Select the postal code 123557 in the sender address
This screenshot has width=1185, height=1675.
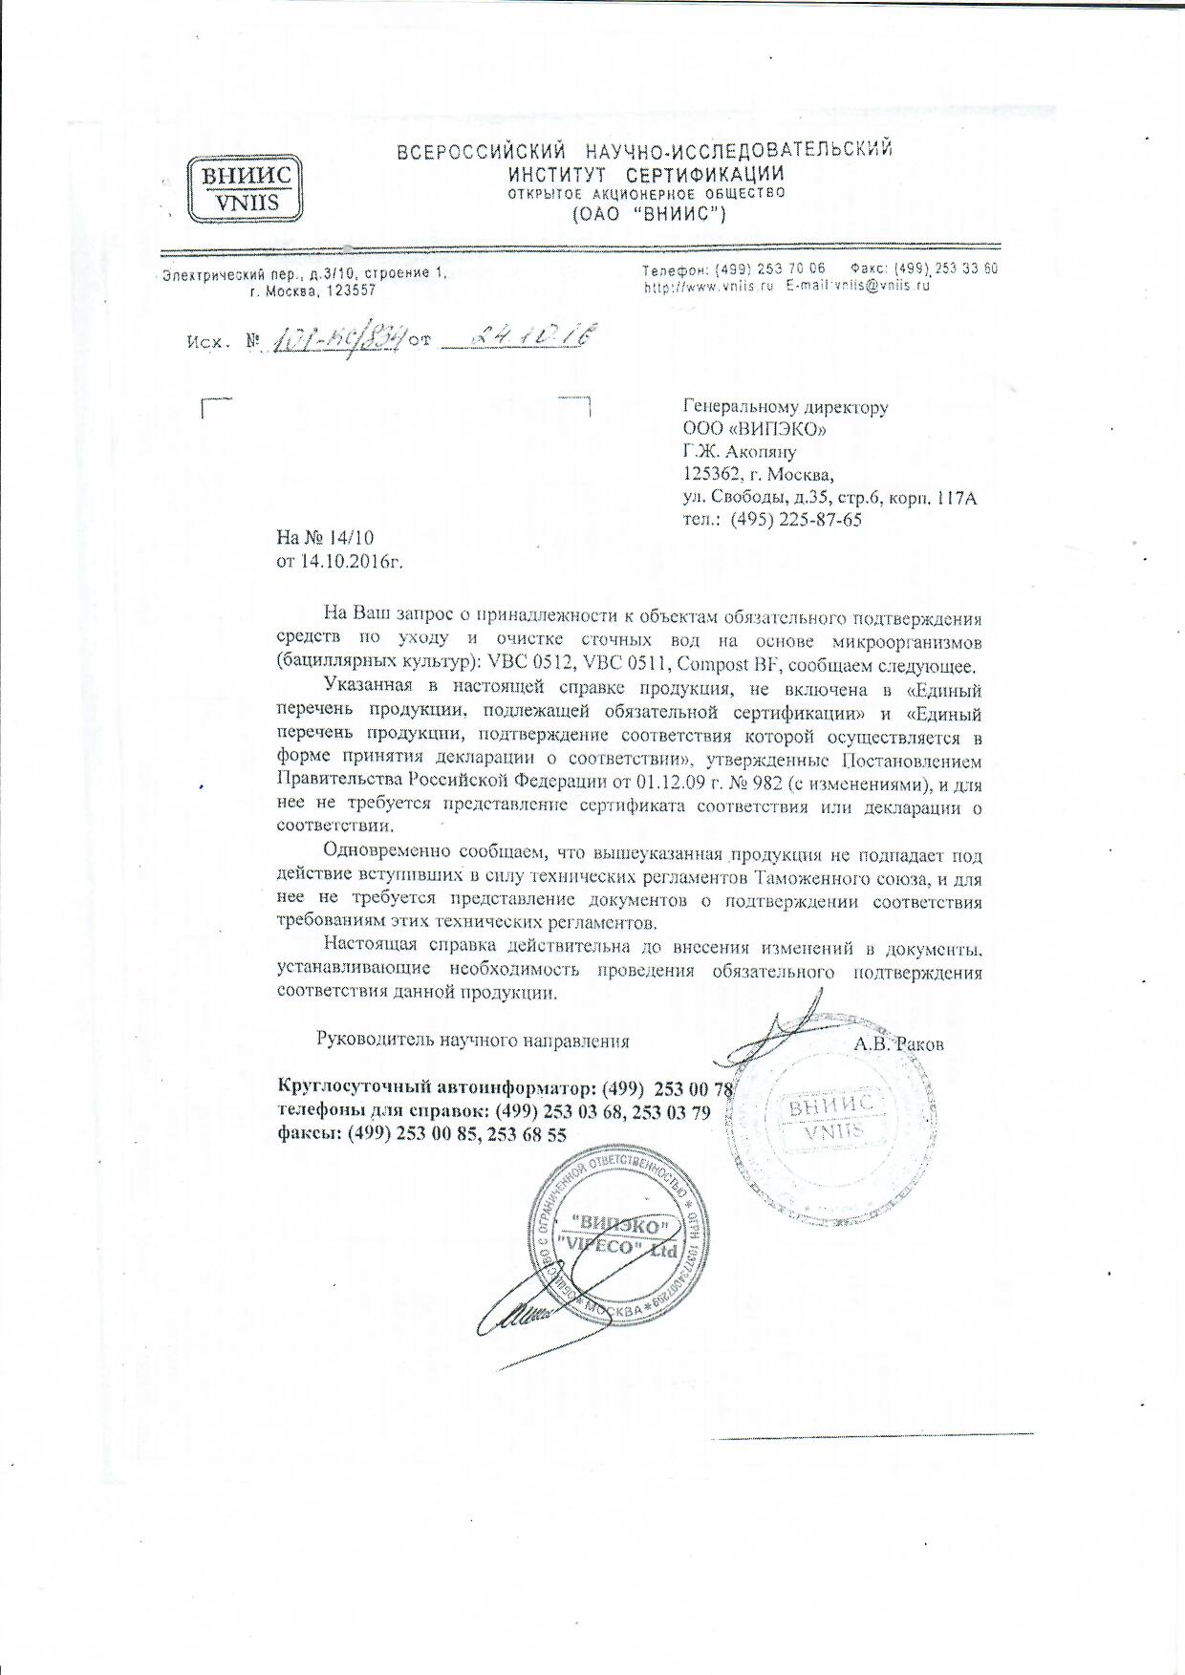click(351, 290)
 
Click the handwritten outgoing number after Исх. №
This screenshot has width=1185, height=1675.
click(337, 338)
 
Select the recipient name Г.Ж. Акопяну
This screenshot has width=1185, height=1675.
click(740, 452)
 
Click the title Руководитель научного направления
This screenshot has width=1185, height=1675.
click(472, 1041)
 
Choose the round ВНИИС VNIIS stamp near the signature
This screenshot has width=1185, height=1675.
click(827, 1119)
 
